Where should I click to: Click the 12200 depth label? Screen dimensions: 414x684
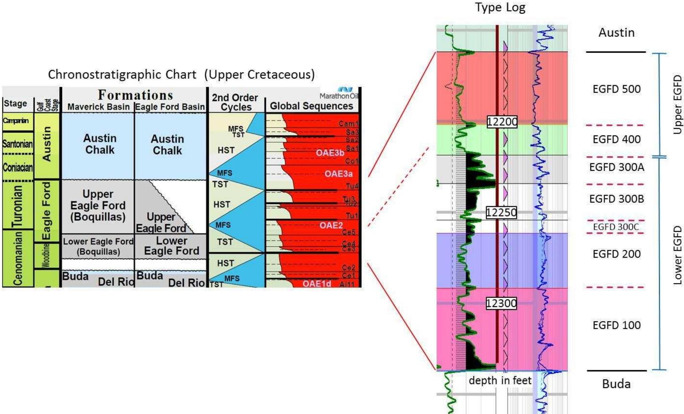[502, 122]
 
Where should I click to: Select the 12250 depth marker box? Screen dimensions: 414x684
[501, 213]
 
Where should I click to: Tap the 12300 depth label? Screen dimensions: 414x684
[501, 303]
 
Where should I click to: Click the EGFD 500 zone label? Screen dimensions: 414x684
[616, 89]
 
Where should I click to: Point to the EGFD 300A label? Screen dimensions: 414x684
[616, 167]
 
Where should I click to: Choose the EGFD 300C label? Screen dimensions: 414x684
[616, 227]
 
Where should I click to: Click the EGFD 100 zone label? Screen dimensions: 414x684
[616, 325]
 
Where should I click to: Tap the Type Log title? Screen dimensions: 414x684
[500, 7]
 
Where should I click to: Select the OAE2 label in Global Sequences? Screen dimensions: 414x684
[331, 225]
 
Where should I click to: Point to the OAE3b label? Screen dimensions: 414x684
[330, 153]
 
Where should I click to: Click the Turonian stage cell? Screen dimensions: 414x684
[17, 205]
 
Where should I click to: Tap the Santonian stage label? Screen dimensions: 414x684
[17, 144]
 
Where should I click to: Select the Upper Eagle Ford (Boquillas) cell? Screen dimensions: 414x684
[98, 205]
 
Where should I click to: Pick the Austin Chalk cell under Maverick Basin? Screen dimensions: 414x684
[99, 144]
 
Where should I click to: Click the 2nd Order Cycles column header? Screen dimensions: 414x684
[235, 102]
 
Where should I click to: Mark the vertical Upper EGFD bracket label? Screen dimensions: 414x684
[677, 104]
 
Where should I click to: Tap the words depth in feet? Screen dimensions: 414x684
[500, 380]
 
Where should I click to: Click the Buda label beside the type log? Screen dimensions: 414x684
[616, 384]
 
